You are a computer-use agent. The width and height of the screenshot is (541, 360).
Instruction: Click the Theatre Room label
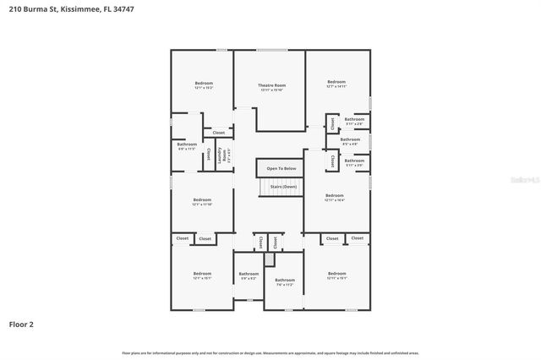point(271,86)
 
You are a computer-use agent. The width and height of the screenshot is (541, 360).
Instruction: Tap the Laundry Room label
point(224,155)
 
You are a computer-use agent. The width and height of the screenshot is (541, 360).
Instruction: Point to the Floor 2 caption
point(21,324)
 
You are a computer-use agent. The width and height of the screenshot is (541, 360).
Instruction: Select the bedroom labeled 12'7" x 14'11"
point(336,85)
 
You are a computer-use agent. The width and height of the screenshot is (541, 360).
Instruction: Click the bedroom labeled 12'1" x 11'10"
point(201,202)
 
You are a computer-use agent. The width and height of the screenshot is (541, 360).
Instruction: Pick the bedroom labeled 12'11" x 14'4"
point(335,198)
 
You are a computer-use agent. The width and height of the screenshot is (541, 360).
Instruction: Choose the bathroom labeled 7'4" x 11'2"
point(285,281)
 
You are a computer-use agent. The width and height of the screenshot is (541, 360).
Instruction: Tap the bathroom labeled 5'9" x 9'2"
point(249,275)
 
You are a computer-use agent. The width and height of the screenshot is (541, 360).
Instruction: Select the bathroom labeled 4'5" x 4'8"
point(349,141)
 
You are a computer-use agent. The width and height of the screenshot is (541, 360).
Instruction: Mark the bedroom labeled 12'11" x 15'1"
point(336,275)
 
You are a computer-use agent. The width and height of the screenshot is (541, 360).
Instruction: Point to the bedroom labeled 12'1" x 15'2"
point(203,85)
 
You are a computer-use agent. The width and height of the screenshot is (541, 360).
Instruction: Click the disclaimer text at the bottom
point(270,352)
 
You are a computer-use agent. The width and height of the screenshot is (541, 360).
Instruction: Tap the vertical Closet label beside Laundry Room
point(209,155)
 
